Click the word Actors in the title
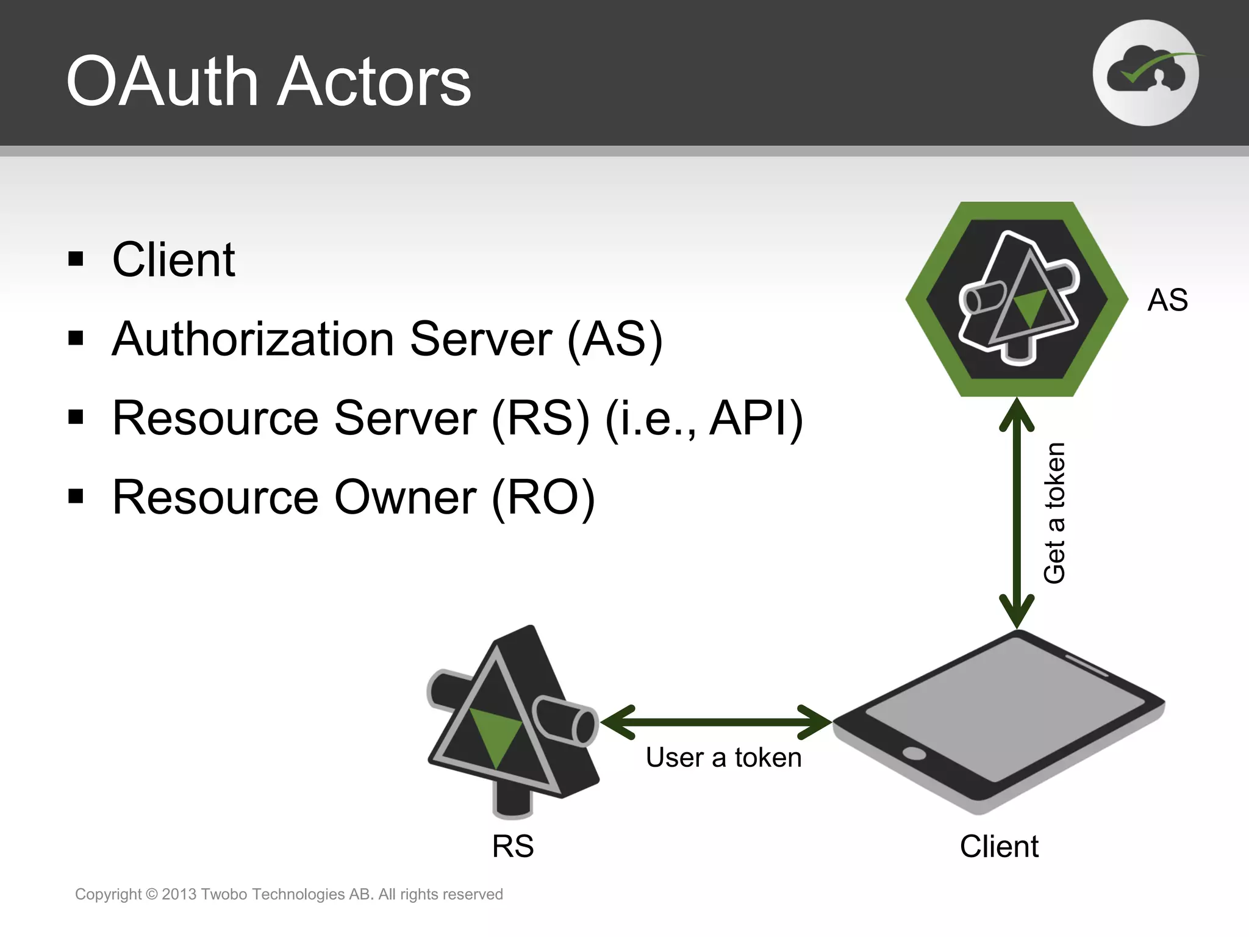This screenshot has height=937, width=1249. tap(374, 82)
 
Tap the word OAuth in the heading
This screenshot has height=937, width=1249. tap(163, 82)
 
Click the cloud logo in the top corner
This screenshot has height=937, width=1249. tap(1145, 73)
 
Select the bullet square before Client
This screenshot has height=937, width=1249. tap(76, 259)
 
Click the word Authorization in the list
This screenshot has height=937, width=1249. tap(252, 339)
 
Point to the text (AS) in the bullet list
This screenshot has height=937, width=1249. tap(615, 339)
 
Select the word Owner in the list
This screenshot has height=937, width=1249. tap(405, 498)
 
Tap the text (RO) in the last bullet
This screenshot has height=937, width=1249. tap(543, 498)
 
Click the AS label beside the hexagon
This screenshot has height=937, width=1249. tap(1167, 300)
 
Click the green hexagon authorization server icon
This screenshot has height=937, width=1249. tap(1017, 299)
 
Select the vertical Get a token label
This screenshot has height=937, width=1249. tap(1054, 512)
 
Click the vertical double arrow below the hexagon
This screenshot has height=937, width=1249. tap(1017, 512)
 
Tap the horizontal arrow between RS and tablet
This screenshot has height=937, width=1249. tap(716, 722)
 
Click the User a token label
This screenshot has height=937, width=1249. tap(723, 758)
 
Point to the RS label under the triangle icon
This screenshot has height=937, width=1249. tap(513, 847)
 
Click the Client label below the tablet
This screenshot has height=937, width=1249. tap(999, 847)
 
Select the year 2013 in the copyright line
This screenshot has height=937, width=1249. tap(179, 894)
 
